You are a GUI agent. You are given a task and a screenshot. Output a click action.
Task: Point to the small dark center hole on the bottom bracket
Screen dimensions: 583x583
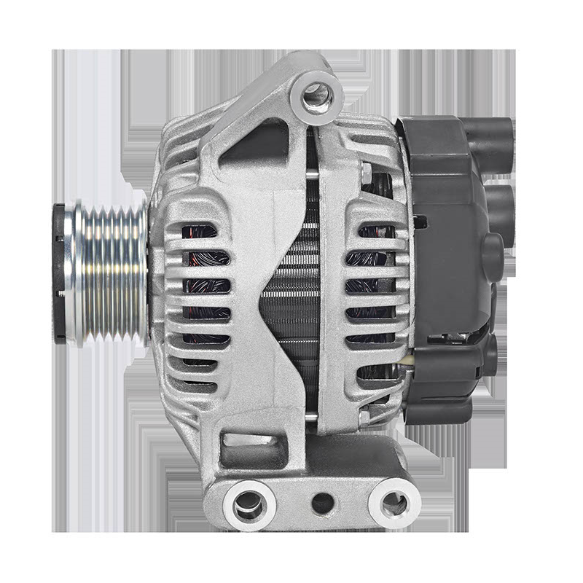[322, 502]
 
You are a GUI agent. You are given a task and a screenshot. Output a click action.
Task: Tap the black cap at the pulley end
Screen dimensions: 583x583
[59, 274]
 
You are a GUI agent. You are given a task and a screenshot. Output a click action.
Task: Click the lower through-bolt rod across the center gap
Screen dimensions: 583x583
[311, 417]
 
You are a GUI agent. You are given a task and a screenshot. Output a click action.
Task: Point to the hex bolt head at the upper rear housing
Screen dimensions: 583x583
[365, 173]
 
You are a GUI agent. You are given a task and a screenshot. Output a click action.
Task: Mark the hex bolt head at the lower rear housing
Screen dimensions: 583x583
[364, 417]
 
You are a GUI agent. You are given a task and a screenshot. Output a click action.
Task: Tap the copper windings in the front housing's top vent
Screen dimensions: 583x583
[200, 232]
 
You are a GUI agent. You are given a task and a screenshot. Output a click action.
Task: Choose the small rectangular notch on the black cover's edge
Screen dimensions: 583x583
[420, 222]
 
